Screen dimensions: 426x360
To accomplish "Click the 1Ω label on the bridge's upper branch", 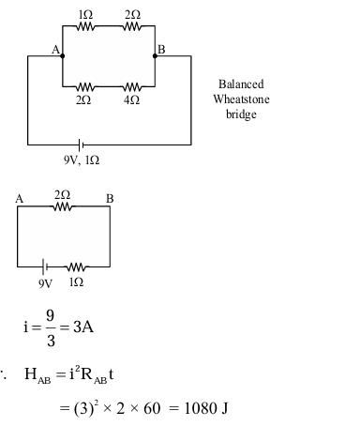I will click(87, 17).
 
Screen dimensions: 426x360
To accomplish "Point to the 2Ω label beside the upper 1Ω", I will click(132, 17).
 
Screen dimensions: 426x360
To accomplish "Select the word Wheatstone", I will click(241, 99).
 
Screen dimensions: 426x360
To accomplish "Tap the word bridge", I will click(241, 114).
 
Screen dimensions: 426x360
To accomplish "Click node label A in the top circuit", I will click(55, 49).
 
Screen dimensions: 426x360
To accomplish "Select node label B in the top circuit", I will click(160, 49).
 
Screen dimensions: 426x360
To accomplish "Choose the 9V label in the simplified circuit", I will click(45, 281).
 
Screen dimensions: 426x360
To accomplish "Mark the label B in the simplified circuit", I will click(110, 198).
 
